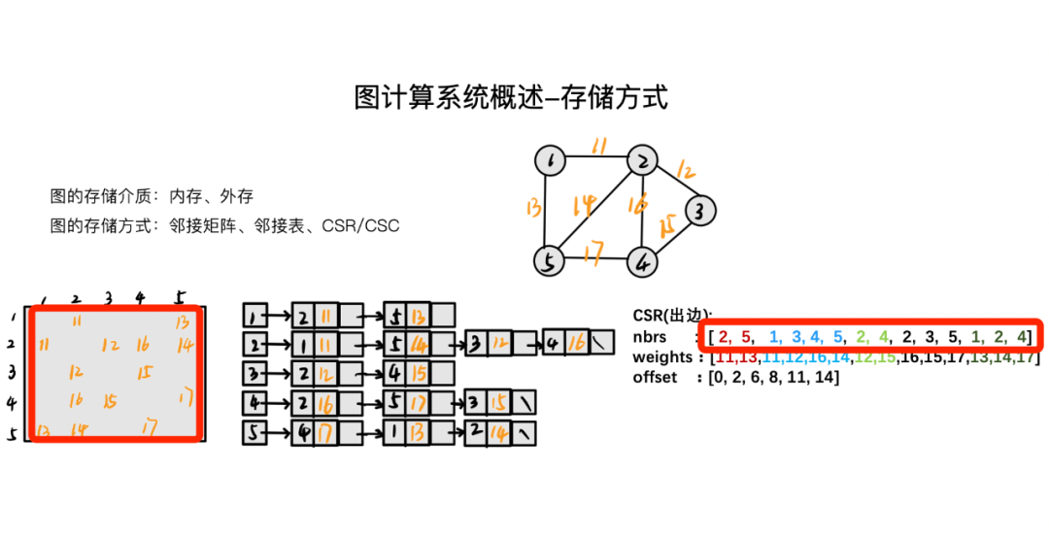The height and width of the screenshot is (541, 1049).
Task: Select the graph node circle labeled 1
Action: coord(551,161)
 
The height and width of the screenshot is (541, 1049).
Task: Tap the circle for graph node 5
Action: coord(549,260)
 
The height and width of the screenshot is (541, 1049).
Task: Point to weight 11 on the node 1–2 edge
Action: coord(599,147)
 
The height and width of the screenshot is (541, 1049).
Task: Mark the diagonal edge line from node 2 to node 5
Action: coord(594,211)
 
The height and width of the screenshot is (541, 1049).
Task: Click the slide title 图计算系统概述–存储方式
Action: coord(511,98)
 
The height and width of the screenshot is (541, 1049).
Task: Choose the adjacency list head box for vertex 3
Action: coord(254,372)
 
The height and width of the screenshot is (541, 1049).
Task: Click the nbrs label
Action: coord(651,337)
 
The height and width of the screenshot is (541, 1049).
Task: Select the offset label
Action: coord(655,377)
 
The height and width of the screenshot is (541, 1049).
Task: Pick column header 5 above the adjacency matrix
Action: coord(180,298)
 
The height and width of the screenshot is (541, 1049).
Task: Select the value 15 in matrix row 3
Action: coord(142,371)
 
